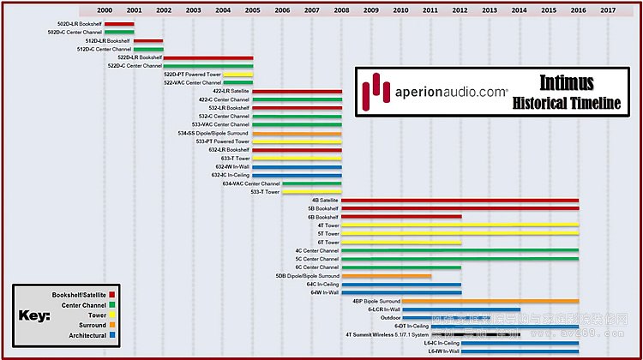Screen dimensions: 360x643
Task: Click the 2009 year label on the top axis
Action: [x=371, y=9]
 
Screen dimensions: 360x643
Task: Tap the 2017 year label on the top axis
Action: [x=608, y=9]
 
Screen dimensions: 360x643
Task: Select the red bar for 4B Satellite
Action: [x=460, y=200]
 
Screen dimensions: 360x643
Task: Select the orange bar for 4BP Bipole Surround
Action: [x=490, y=301]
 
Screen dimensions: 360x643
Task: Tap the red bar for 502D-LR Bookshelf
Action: [x=119, y=23]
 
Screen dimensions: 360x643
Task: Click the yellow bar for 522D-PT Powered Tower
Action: [x=237, y=75]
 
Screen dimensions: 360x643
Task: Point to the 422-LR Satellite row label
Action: [x=231, y=91]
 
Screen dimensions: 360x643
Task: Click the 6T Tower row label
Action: [x=328, y=242]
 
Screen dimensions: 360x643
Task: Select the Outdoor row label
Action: [x=390, y=317]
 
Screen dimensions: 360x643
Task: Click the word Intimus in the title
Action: [x=567, y=82]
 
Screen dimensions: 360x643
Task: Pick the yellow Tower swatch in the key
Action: [x=111, y=315]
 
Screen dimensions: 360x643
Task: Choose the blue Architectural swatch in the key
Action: [x=111, y=335]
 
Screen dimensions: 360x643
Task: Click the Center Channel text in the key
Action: [x=83, y=305]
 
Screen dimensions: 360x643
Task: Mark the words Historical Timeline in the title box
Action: [x=567, y=103]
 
